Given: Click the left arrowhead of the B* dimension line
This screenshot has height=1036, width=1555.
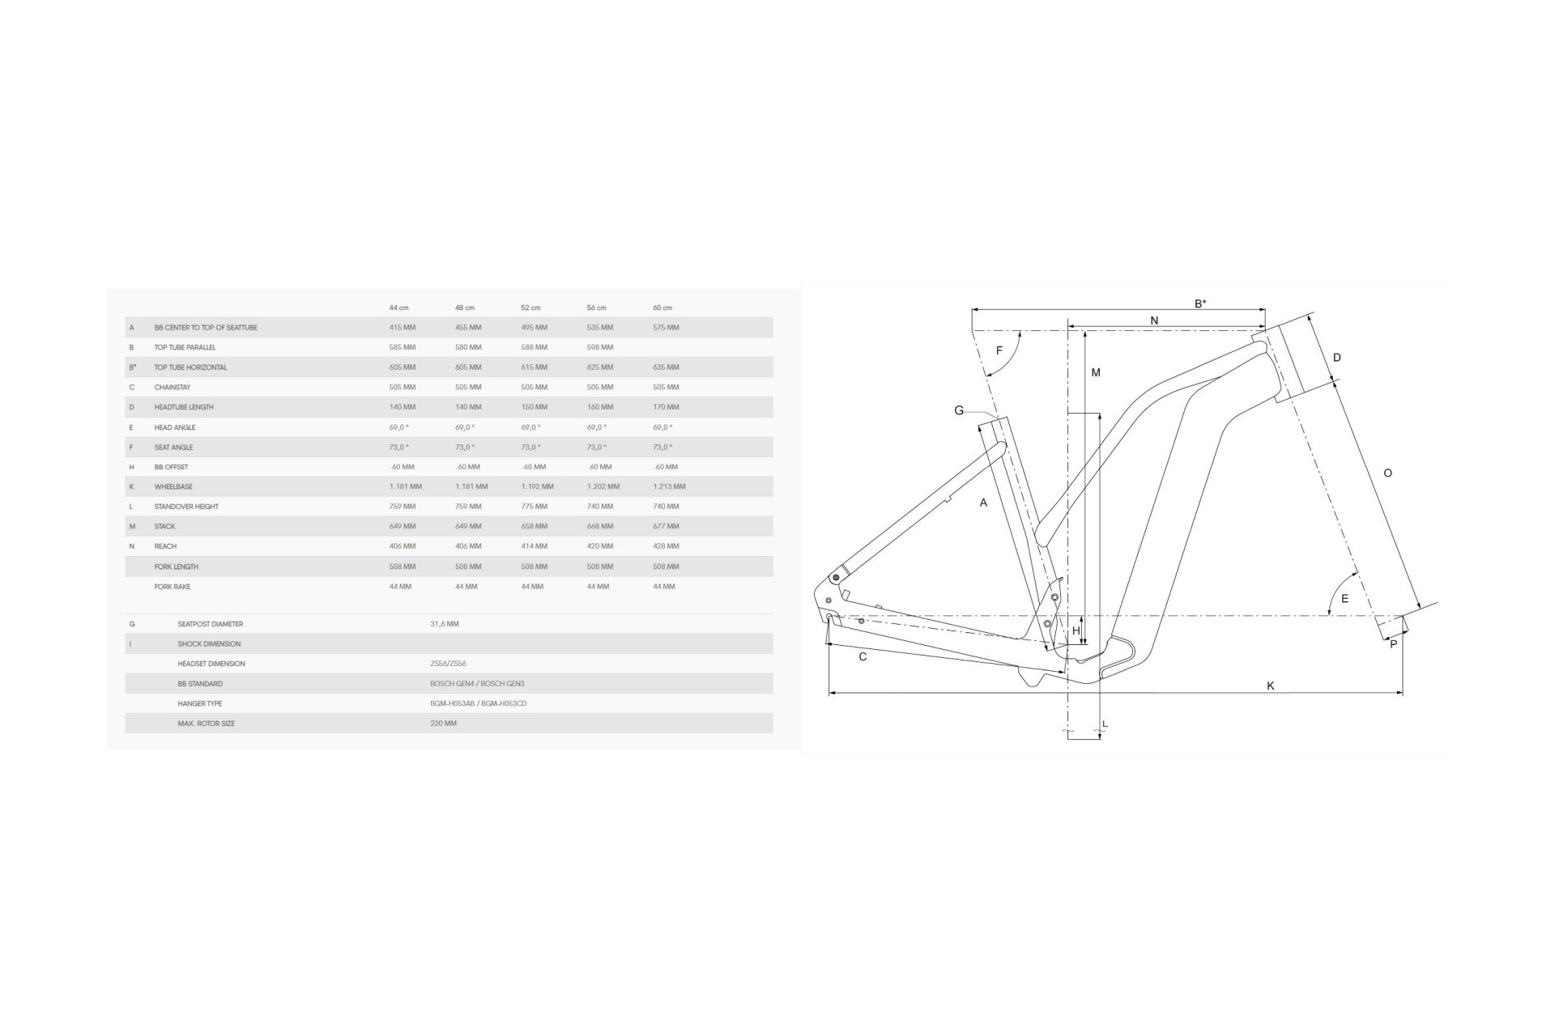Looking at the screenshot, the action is [975, 310].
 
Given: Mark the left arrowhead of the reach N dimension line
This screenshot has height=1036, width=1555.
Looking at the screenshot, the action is [1072, 327].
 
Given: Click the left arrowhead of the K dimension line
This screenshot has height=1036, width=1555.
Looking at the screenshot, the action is [833, 693].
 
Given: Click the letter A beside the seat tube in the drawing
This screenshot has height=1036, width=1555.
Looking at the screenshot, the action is [984, 503].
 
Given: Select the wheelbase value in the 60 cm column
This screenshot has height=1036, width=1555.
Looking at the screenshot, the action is [669, 486].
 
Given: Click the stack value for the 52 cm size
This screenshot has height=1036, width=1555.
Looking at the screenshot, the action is [534, 526].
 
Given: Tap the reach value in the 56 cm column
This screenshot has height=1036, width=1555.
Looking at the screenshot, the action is [600, 546].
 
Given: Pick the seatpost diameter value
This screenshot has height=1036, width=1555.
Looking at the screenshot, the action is [445, 624].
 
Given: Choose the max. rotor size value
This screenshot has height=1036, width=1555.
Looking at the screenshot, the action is [443, 724].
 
